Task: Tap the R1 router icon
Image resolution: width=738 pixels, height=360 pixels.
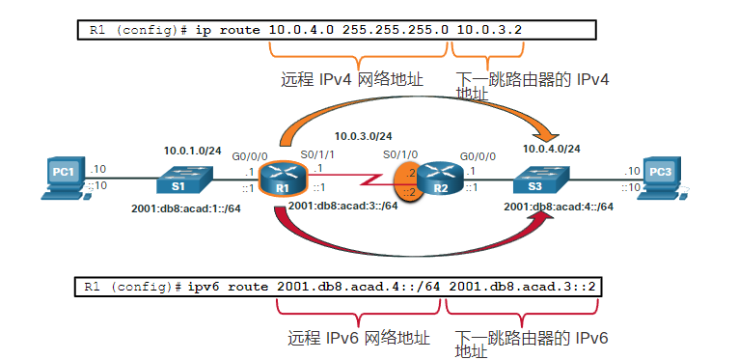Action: point(282,177)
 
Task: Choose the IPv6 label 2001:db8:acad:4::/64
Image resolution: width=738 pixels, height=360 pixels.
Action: point(560,207)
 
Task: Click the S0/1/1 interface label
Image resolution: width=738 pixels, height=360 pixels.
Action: point(314,153)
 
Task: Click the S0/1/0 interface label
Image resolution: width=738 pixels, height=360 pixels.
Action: point(400,153)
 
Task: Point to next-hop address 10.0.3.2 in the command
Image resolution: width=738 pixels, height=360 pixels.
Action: point(489,30)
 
